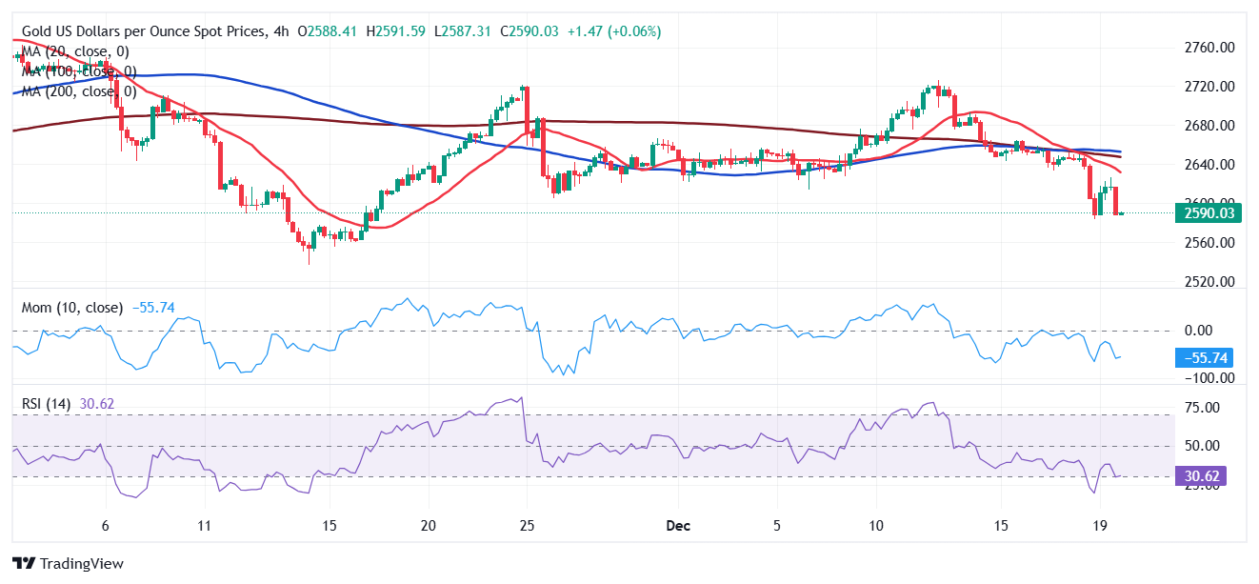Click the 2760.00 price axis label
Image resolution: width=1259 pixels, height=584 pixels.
click(1208, 48)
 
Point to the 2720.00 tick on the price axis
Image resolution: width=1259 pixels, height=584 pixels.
click(1208, 87)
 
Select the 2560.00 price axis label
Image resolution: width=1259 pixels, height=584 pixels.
click(1208, 243)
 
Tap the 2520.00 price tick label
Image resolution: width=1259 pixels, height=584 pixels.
click(1208, 282)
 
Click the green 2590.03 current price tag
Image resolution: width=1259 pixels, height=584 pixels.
click(1209, 213)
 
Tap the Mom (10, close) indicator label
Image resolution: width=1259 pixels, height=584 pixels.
click(72, 308)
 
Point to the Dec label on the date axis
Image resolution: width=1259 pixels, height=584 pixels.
click(678, 526)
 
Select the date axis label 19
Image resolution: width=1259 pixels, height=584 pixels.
click(1099, 526)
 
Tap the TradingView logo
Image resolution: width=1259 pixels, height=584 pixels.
click(68, 563)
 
